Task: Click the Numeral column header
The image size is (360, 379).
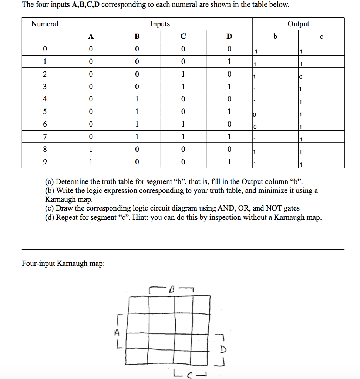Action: click(x=45, y=24)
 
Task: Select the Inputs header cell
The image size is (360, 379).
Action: click(x=160, y=24)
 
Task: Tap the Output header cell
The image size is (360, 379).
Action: click(x=298, y=24)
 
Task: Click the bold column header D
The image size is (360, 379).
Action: click(x=229, y=36)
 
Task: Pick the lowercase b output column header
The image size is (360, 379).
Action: click(x=275, y=36)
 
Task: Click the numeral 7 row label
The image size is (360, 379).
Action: click(x=45, y=137)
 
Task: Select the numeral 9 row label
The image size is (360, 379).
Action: click(x=45, y=162)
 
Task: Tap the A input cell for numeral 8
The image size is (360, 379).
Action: click(x=91, y=149)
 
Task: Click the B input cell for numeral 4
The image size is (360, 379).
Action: click(x=137, y=99)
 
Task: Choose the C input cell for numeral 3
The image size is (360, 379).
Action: click(x=183, y=87)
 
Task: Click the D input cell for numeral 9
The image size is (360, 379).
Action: click(x=229, y=162)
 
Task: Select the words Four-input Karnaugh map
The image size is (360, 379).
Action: click(x=63, y=264)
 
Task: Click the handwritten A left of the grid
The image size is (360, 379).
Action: click(x=117, y=332)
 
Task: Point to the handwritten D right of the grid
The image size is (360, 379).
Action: click(x=223, y=349)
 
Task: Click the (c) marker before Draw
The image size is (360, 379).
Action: click(x=50, y=208)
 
